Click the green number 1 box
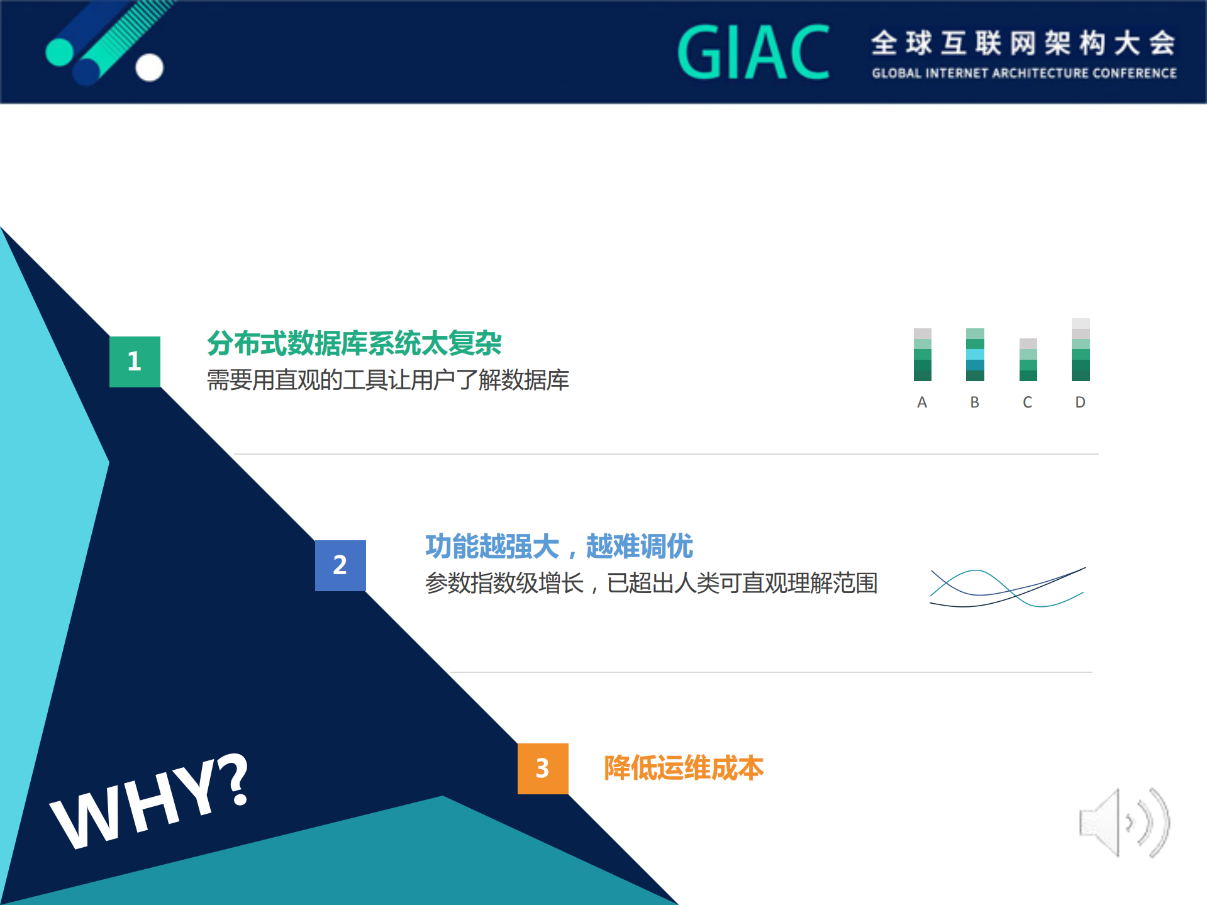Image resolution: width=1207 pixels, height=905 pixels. pyautogui.click(x=135, y=362)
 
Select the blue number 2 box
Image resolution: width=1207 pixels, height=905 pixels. pyautogui.click(x=340, y=565)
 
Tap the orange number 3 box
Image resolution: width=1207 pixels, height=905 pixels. pyautogui.click(x=543, y=769)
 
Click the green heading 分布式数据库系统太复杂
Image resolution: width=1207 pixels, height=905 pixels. pyautogui.click(x=354, y=343)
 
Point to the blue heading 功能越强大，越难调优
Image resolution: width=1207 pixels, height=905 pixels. pyautogui.click(x=559, y=546)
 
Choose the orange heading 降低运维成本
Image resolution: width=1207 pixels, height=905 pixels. pyautogui.click(x=684, y=768)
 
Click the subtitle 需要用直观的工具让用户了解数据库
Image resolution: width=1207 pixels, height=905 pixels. pyautogui.click(x=387, y=380)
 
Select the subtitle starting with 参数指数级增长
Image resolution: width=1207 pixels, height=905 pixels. pyautogui.click(x=651, y=584)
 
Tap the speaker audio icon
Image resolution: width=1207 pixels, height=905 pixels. pyautogui.click(x=1124, y=823)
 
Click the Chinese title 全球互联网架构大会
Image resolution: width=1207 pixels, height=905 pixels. pyautogui.click(x=1023, y=43)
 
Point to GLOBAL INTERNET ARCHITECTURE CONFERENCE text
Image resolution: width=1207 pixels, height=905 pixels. pyautogui.click(x=1024, y=74)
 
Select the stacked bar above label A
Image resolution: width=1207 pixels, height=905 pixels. pyautogui.click(x=922, y=355)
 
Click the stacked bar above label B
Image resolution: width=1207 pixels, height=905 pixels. pyautogui.click(x=975, y=355)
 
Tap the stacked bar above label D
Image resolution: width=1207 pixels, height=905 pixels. pyautogui.click(x=1081, y=350)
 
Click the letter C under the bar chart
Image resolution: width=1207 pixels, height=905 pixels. pyautogui.click(x=1028, y=403)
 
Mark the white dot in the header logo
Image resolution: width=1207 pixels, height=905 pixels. pyautogui.click(x=150, y=68)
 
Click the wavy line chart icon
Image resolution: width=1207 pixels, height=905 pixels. pyautogui.click(x=1008, y=588)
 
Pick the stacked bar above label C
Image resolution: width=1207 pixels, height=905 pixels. pyautogui.click(x=1028, y=360)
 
